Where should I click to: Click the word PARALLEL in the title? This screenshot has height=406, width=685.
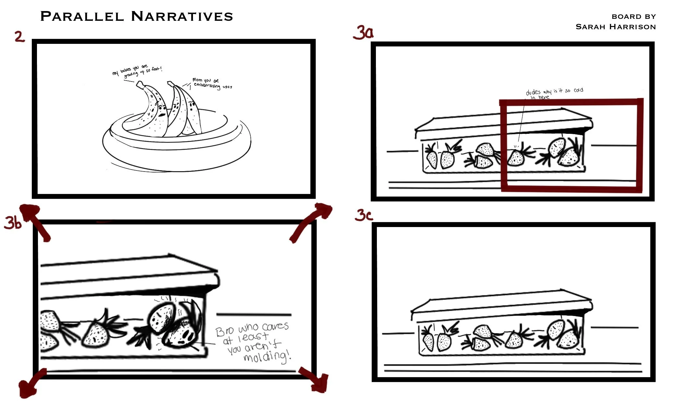click(x=82, y=17)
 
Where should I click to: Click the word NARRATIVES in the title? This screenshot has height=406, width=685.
click(x=182, y=17)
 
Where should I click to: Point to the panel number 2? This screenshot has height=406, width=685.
click(x=19, y=36)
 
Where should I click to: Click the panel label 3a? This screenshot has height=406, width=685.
click(x=363, y=33)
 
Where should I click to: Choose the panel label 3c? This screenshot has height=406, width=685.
click(x=364, y=215)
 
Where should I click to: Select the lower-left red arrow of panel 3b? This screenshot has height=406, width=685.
click(x=31, y=383)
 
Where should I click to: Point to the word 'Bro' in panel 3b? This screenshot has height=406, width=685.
click(x=224, y=331)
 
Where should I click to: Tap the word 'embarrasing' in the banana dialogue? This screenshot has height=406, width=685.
click(x=207, y=85)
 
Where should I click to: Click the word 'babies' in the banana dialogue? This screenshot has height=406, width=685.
click(x=126, y=70)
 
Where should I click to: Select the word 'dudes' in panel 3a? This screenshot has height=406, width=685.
click(x=533, y=92)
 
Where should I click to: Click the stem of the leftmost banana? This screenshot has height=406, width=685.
click(x=140, y=85)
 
